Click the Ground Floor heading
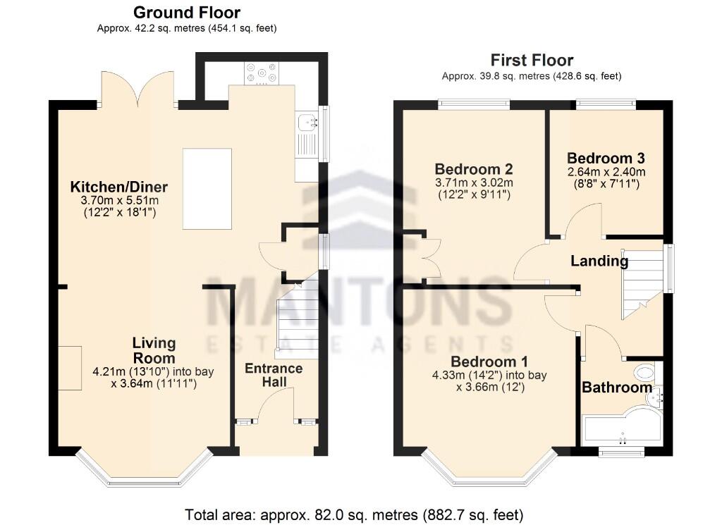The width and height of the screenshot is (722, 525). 186,13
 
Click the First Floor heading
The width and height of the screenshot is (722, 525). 532,60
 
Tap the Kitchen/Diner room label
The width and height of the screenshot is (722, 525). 118,187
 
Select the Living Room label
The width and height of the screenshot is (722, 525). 154,350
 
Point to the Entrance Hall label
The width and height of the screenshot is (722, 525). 274,376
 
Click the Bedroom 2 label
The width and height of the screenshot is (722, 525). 473,169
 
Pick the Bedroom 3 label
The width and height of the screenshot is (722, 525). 606,158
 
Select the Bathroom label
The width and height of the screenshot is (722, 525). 616,388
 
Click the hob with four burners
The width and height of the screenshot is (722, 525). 261,73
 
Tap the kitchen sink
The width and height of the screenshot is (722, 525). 306,123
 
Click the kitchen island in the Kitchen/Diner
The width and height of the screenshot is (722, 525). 207,188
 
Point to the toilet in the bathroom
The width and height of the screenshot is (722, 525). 644,372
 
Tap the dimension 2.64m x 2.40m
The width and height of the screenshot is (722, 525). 606,172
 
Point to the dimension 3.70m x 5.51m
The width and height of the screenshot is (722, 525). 118,201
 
